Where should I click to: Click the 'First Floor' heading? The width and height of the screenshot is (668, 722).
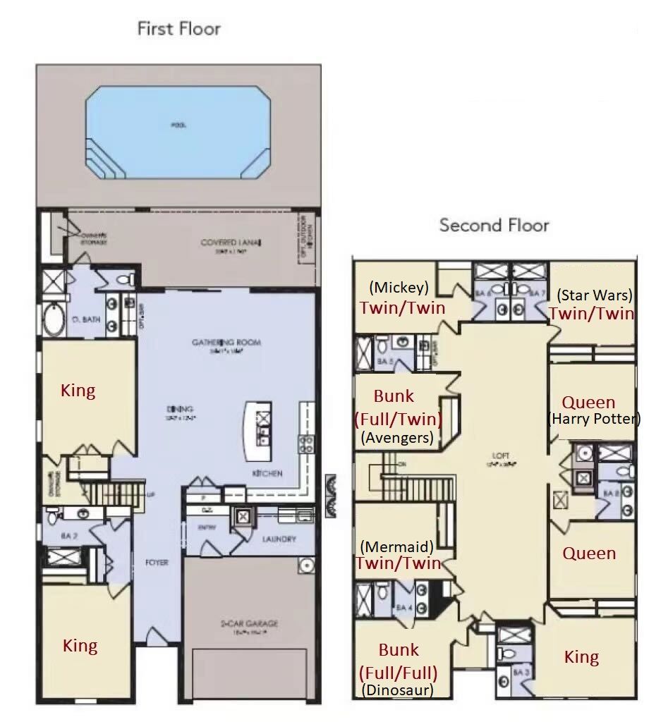pos(178,29)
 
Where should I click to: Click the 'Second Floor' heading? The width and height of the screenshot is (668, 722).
pos(494,226)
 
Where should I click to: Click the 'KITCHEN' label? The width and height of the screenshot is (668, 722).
pos(267,473)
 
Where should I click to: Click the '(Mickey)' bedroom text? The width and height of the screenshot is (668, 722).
pos(399,288)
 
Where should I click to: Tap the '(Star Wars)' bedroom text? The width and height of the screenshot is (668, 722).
pos(594,295)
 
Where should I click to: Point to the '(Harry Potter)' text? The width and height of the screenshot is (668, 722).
pos(594,419)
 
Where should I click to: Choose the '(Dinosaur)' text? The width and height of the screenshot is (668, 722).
pos(396,690)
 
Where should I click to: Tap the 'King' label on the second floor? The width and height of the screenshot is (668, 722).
pos(581,657)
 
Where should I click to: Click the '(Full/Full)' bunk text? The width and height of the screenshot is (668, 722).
pos(398,671)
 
